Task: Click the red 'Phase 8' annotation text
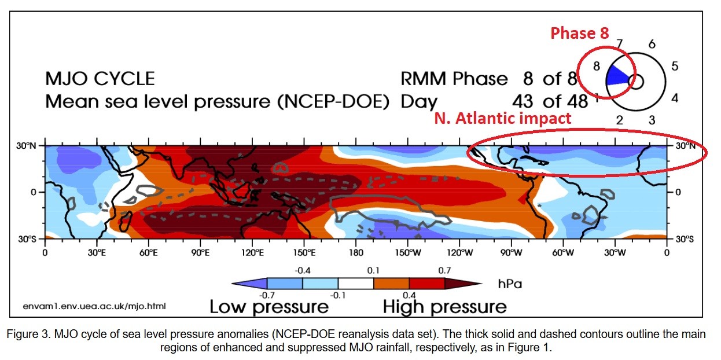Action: (579, 34)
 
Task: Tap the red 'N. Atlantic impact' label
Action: (502, 119)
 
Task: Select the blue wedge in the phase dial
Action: (617, 77)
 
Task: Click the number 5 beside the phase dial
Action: (674, 66)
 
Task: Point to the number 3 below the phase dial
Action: (652, 120)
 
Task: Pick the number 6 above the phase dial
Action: (652, 44)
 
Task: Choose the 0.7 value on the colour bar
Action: (445, 271)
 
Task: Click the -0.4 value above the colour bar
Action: (303, 271)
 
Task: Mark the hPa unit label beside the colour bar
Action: (509, 284)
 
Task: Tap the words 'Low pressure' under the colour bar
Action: (268, 306)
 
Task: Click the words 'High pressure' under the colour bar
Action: (444, 306)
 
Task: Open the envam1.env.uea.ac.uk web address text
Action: (94, 305)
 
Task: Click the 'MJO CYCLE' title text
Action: (100, 78)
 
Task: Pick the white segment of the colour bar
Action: (356, 284)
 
